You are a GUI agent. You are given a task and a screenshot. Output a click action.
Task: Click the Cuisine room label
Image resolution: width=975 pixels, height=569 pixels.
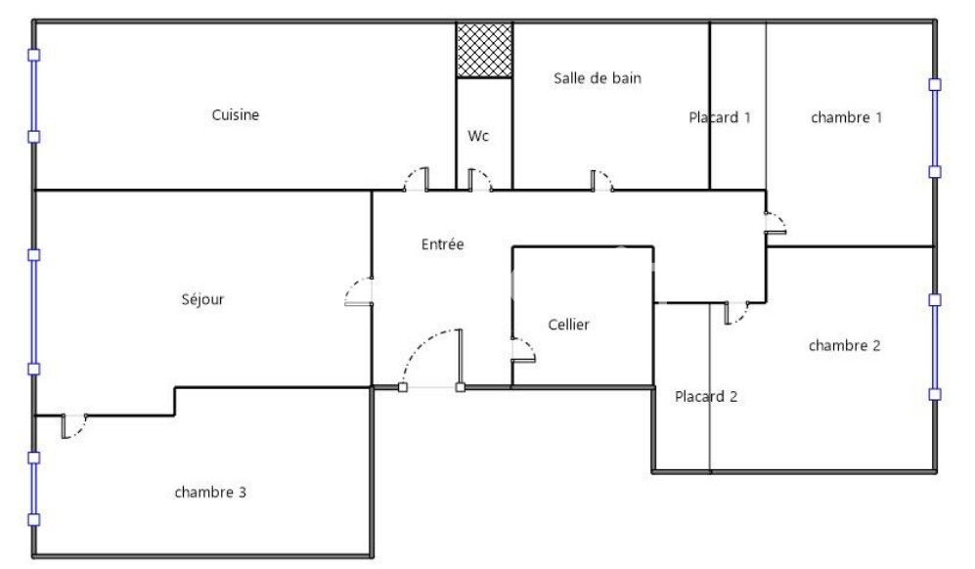click(235, 114)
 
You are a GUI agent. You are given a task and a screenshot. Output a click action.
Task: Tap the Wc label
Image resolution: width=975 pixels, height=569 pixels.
click(478, 136)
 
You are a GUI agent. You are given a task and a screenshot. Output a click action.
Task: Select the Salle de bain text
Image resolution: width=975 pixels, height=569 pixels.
click(597, 78)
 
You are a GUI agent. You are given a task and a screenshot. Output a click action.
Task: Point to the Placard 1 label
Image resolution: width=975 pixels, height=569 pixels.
click(720, 117)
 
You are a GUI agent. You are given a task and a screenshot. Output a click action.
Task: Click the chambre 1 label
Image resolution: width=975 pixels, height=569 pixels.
click(846, 117)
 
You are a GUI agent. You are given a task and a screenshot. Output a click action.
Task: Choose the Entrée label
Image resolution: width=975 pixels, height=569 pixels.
click(442, 243)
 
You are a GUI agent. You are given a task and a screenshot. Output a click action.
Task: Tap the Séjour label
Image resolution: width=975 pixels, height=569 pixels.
click(202, 299)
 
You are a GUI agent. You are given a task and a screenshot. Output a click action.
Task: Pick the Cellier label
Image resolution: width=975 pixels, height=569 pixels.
click(568, 324)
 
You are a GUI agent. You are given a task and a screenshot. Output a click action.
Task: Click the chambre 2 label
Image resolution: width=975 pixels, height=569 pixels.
click(844, 345)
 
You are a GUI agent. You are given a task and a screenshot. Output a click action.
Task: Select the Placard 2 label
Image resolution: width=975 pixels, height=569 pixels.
click(706, 396)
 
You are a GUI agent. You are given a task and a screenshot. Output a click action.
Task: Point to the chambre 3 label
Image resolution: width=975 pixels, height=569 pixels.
click(210, 492)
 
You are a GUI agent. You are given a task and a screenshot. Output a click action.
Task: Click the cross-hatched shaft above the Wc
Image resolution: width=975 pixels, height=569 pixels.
click(484, 50)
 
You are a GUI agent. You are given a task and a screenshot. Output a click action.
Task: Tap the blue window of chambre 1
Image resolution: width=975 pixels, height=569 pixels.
click(935, 128)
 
